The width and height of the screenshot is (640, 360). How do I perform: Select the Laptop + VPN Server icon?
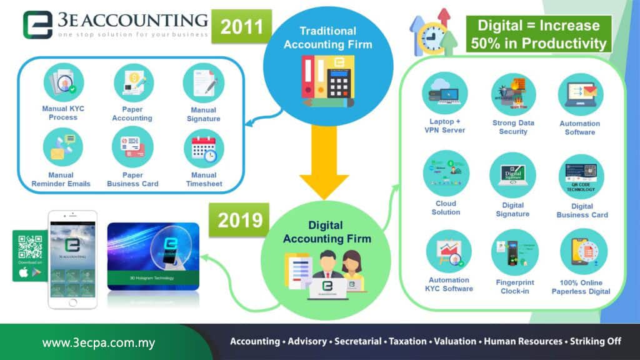pyautogui.click(x=444, y=93)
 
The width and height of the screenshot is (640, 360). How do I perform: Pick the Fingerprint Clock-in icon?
pyautogui.click(x=514, y=252)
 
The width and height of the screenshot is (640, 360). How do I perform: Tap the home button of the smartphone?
pyautogui.click(x=74, y=302)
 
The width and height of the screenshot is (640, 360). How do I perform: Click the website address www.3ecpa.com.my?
pyautogui.click(x=98, y=343)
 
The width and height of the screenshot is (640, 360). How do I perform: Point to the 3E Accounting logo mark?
pyautogui.click(x=38, y=25)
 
